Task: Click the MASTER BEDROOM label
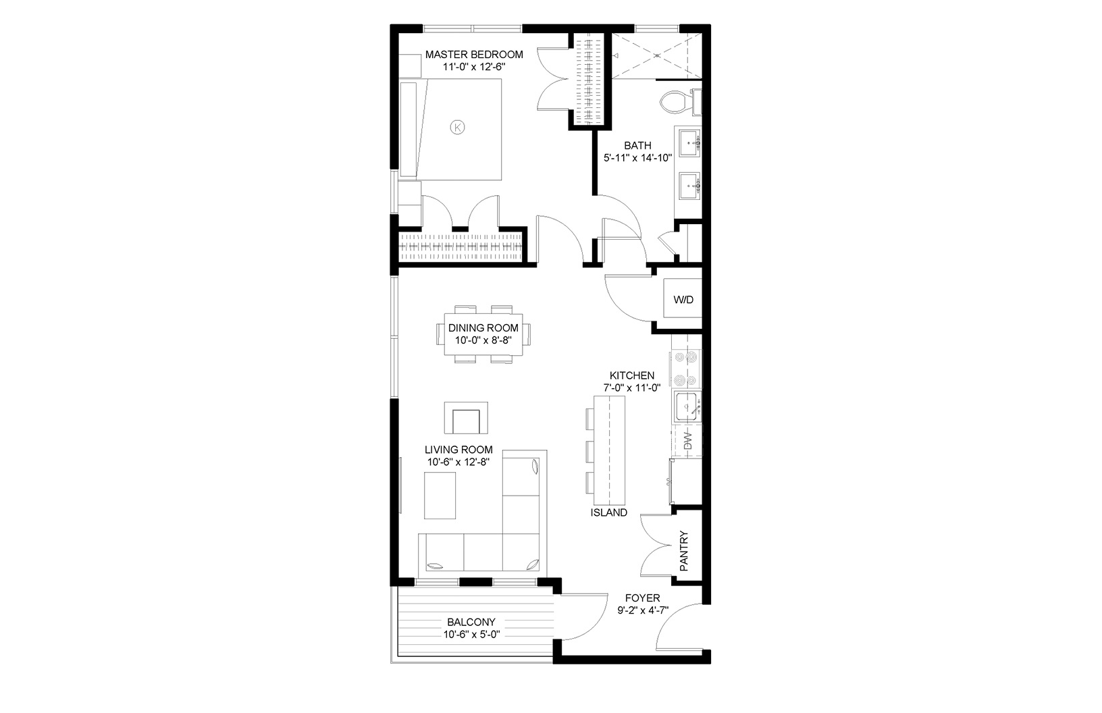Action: click(x=474, y=55)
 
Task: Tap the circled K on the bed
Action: click(x=458, y=126)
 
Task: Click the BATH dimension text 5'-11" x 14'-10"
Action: click(x=637, y=159)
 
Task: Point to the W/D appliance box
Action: click(x=683, y=300)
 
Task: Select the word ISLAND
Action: click(x=608, y=512)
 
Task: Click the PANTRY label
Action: click(x=683, y=551)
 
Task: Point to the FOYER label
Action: click(x=642, y=598)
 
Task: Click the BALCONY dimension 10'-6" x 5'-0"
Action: click(x=471, y=635)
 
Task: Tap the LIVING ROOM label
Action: click(x=458, y=450)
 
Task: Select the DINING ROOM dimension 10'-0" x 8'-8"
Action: click(x=483, y=341)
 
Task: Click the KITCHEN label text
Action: click(x=631, y=375)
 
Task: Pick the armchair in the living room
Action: click(x=466, y=419)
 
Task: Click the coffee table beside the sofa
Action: click(x=440, y=495)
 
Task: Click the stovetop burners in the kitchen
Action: click(x=686, y=367)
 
